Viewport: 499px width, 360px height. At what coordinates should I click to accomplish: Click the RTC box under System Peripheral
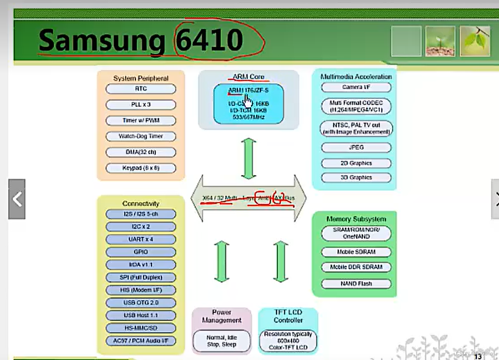pos(141,89)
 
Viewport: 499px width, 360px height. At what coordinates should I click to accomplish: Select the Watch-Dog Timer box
pos(141,136)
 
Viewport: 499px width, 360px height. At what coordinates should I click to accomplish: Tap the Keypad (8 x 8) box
pos(141,168)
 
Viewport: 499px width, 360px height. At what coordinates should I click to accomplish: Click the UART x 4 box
pos(141,239)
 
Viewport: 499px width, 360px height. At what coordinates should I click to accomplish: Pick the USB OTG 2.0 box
pos(141,303)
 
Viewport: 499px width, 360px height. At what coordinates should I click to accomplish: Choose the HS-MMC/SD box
pos(141,328)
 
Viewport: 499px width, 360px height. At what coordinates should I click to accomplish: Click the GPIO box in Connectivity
pos(141,252)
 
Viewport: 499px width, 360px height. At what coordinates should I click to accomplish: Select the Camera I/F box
pos(356,87)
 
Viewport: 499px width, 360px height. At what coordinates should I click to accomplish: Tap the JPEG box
pos(356,147)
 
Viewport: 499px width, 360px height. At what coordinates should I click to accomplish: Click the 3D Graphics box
pos(356,178)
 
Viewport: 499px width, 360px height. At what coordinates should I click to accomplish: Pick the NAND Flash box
pos(356,284)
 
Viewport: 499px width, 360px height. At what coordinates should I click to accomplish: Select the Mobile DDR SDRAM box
pos(356,267)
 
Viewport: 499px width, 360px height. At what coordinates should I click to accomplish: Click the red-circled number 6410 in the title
pos(209,40)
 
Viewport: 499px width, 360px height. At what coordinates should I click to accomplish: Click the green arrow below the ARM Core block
pos(249,158)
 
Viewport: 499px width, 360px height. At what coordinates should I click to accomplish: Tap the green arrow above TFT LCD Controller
pos(280,262)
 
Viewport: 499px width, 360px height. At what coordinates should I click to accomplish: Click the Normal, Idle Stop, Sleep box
pos(221,341)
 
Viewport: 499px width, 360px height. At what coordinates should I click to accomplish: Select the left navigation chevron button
pos(17,199)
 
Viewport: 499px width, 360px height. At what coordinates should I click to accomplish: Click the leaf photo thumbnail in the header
pos(475,41)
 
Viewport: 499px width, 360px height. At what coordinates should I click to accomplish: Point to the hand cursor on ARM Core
pos(248,101)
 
